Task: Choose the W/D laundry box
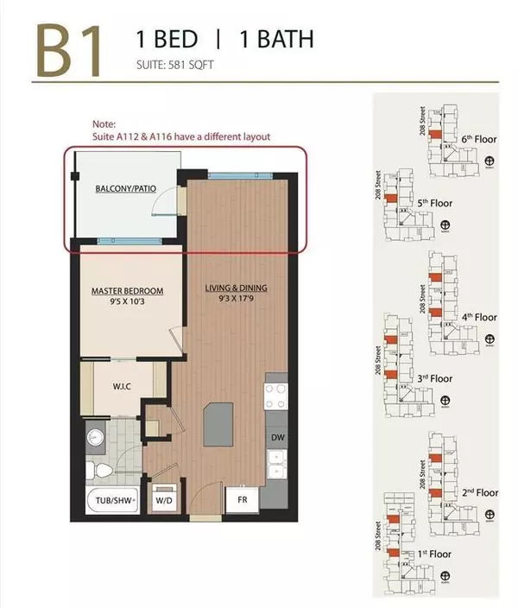(164, 499)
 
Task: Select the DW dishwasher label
(278, 439)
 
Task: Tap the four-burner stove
(278, 396)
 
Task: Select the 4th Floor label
(479, 317)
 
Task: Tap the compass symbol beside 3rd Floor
(445, 401)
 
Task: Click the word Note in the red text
(104, 123)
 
